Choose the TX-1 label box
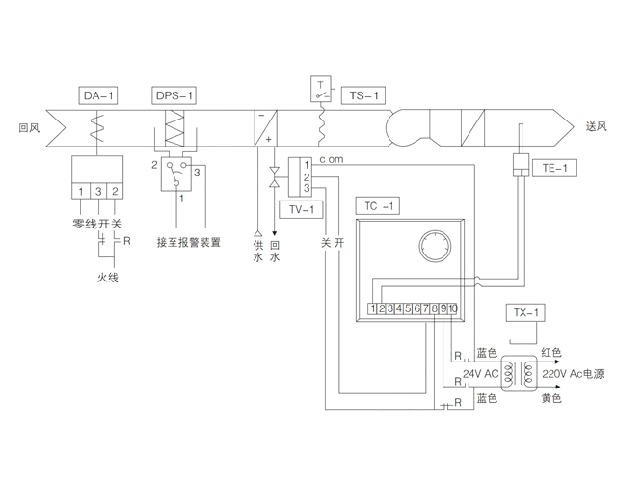pyautogui.click(x=524, y=313)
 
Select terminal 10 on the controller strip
pyautogui.click(x=452, y=308)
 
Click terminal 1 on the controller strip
pyautogui.click(x=372, y=308)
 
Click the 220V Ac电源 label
pyautogui.click(x=576, y=374)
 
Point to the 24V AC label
pyautogui.click(x=481, y=374)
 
